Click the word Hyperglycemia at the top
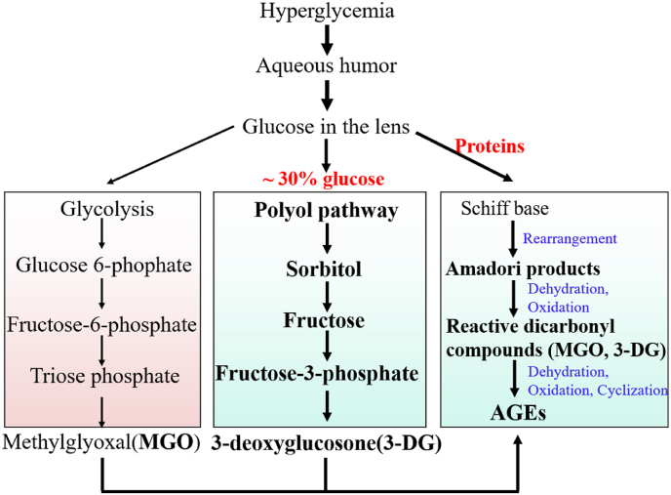(326, 12)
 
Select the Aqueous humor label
(326, 66)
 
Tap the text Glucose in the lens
(326, 127)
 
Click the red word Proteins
(490, 145)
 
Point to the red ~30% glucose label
(323, 179)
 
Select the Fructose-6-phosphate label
(102, 323)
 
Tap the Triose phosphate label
(102, 376)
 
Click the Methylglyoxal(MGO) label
(102, 443)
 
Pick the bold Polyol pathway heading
(326, 211)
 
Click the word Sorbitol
(326, 267)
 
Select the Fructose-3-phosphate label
(324, 373)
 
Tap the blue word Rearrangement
(571, 238)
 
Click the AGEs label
(517, 414)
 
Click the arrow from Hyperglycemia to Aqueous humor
(327, 39)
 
